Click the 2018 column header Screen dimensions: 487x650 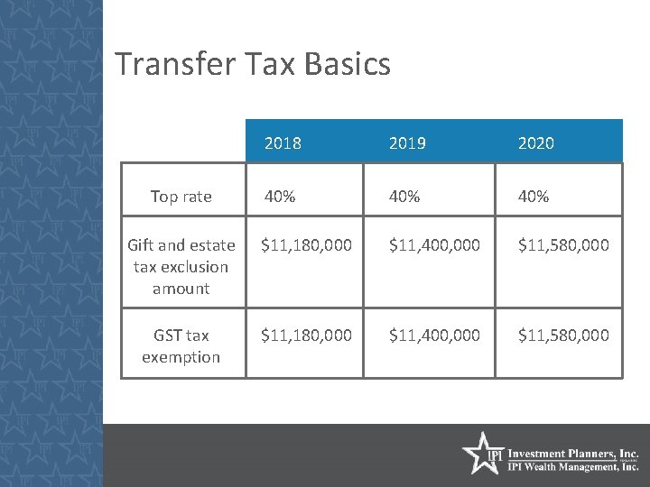pyautogui.click(x=283, y=143)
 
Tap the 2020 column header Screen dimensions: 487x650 pyautogui.click(x=536, y=143)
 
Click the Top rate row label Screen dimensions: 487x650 pyautogui.click(x=181, y=197)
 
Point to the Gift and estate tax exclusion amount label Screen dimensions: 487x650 pyautogui.click(x=181, y=266)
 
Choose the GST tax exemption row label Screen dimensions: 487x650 pyautogui.click(x=181, y=345)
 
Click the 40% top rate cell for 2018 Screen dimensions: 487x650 pyautogui.click(x=279, y=197)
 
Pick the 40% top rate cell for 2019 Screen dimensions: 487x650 pyautogui.click(x=404, y=197)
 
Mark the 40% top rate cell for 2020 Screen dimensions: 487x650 pyautogui.click(x=533, y=197)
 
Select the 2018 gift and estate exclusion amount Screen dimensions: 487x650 pyautogui.click(x=306, y=244)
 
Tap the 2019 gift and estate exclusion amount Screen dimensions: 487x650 pyautogui.click(x=434, y=244)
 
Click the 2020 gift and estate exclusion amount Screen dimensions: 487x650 pyautogui.click(x=563, y=244)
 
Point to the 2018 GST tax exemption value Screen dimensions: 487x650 pyautogui.click(x=306, y=335)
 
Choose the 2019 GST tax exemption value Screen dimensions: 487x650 pyautogui.click(x=434, y=335)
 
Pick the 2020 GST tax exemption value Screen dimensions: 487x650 pyautogui.click(x=563, y=335)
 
